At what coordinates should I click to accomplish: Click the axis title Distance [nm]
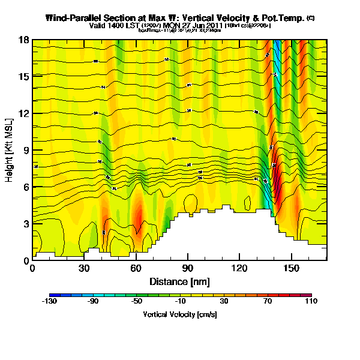point(179,281)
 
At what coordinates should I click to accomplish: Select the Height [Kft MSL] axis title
point(10,150)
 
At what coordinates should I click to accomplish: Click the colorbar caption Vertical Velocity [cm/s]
point(179,314)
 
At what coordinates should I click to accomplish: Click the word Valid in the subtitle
point(98,26)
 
